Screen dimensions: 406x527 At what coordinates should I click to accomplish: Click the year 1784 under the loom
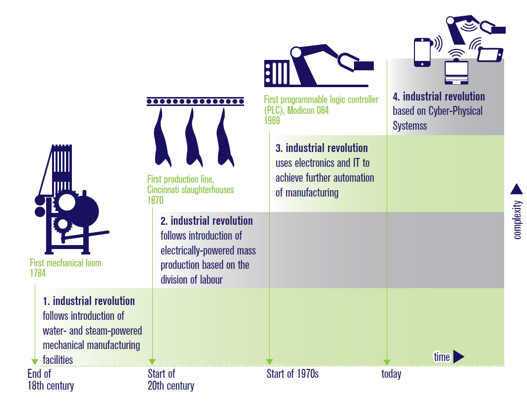coord(38,273)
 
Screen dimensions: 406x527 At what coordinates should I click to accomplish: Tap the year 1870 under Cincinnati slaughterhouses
coord(155,201)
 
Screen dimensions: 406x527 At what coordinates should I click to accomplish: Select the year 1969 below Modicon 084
coord(272,121)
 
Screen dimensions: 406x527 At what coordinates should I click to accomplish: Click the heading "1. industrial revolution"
coord(89,301)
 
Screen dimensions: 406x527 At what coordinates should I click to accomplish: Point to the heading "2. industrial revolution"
coord(207,221)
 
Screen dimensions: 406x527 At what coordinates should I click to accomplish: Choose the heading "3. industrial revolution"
coord(322,148)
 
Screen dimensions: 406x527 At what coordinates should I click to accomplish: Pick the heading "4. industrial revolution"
coord(439,97)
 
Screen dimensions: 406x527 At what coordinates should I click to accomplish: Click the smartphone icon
coord(422,52)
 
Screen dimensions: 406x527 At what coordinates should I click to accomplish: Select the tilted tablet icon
coord(490,54)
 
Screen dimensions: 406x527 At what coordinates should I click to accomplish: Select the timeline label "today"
coord(391,374)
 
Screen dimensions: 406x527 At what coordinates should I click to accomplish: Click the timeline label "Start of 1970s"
coord(293,373)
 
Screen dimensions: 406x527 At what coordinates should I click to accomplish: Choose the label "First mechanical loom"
coord(65,263)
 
